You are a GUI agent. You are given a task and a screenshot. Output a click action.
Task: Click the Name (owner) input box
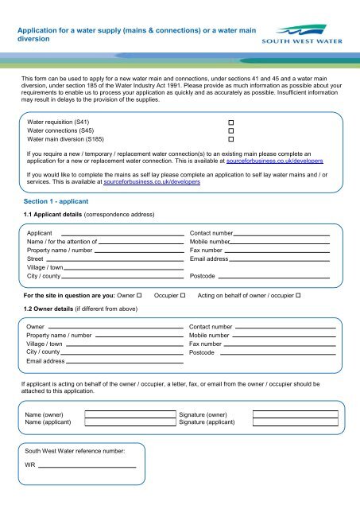pyautogui.click(x=130, y=414)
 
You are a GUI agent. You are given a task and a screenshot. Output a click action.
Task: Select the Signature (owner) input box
pyautogui.click(x=295, y=414)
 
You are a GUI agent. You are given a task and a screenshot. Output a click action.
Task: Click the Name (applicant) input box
pyautogui.click(x=130, y=423)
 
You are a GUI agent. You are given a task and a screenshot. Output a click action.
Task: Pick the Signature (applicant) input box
pyautogui.click(x=295, y=423)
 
